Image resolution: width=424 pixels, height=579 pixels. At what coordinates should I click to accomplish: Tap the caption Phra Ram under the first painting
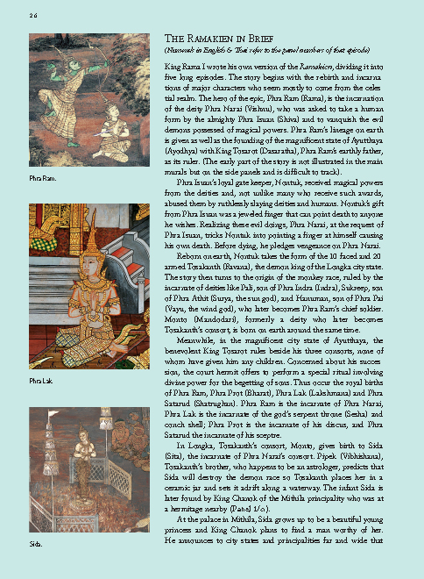(40, 179)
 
